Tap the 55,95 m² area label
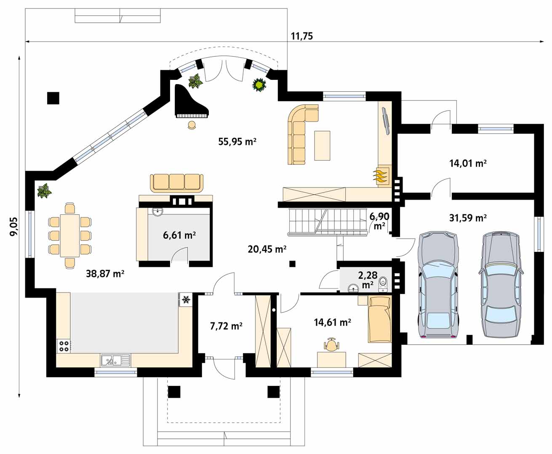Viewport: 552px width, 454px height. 237,142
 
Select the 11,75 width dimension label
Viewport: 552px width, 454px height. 301,36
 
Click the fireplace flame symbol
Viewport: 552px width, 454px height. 381,176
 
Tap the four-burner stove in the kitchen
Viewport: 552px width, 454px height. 64,346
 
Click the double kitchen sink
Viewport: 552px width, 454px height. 115,360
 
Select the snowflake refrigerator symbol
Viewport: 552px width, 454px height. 187,300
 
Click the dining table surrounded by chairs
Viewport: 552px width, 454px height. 70,236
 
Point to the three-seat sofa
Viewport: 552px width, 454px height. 176,183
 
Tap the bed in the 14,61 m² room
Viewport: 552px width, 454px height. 380,319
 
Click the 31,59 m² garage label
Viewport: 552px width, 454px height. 468,218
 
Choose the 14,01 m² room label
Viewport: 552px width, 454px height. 468,164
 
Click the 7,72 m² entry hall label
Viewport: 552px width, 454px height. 226,326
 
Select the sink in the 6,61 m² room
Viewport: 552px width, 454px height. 157,212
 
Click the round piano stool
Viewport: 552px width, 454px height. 192,125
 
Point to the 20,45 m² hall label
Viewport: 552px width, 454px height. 267,249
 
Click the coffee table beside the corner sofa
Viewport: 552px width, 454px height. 322,145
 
